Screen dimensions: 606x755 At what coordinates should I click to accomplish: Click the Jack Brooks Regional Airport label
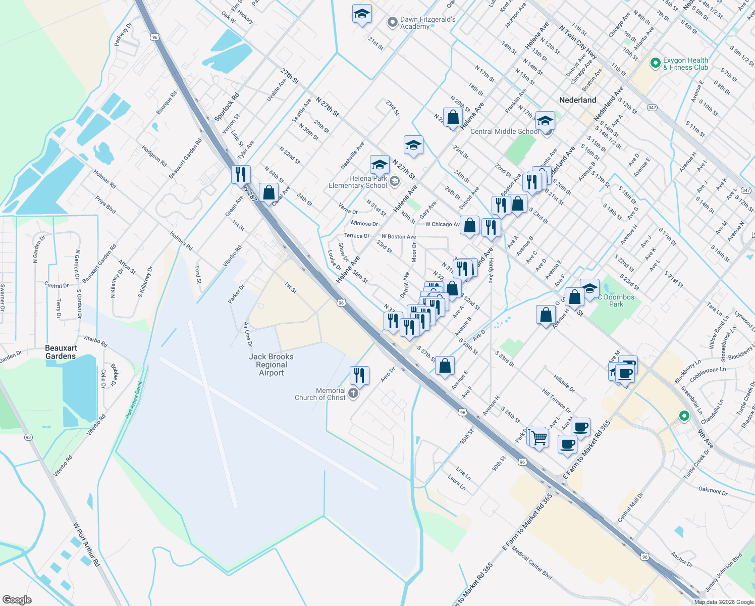(x=271, y=365)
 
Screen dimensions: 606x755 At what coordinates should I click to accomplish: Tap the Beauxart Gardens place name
(x=61, y=352)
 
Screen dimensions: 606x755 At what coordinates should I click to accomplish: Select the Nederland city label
(x=577, y=100)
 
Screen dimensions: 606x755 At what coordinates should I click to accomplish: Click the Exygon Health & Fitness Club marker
(x=655, y=63)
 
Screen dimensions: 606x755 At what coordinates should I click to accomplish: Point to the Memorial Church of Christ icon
(x=353, y=394)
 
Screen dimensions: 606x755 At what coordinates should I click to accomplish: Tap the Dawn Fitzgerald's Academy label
(x=427, y=23)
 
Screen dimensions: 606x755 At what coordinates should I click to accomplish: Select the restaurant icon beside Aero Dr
(x=359, y=376)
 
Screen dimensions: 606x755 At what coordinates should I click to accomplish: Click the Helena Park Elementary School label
(x=358, y=182)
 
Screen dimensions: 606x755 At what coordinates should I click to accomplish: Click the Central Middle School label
(x=504, y=131)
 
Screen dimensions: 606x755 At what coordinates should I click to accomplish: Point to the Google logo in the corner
(x=17, y=599)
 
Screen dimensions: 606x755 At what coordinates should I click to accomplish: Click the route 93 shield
(x=28, y=437)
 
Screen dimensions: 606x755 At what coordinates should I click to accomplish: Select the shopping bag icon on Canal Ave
(x=268, y=192)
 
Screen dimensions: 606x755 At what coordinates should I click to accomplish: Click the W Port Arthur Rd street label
(x=86, y=544)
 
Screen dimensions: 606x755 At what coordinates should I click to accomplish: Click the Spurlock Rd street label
(x=227, y=107)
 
